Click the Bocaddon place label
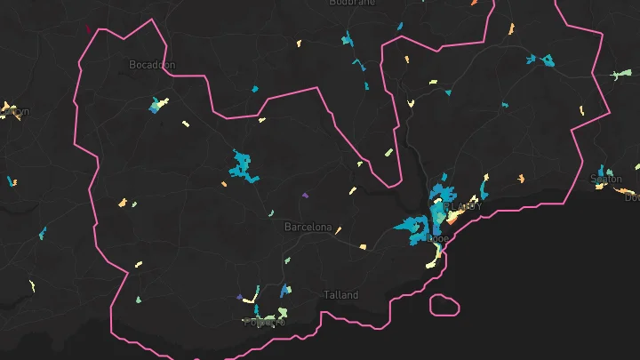coord(152,65)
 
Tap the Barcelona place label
coord(308,228)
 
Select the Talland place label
coord(341,295)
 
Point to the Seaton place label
coord(606,179)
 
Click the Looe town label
coord(438,238)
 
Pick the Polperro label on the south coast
coord(265,321)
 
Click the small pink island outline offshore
coord(444,305)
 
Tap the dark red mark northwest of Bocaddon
coord(88,28)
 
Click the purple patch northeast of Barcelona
coord(306,195)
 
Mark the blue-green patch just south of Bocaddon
coord(158,105)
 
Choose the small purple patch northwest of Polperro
coord(239,296)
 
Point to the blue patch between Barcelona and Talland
coord(284,290)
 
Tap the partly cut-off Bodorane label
coord(352,3)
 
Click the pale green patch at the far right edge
coord(613,75)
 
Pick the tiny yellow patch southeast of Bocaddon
coord(186,124)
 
